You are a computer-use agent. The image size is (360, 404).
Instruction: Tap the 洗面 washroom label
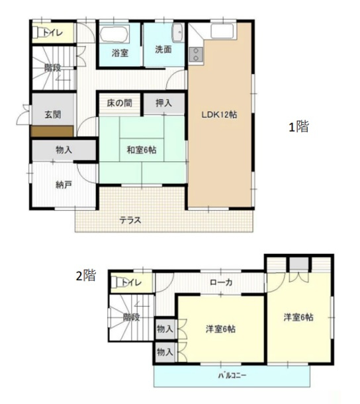163,50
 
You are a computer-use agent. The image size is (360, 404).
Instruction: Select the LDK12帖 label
220,114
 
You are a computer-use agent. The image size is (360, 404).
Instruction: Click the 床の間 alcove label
119,103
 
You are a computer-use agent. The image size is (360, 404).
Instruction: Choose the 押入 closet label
163,103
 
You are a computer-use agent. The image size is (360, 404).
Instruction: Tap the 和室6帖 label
142,149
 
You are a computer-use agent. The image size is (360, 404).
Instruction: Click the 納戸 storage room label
64,184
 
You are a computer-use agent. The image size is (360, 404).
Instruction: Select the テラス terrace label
130,220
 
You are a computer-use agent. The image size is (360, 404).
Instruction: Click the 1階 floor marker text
298,128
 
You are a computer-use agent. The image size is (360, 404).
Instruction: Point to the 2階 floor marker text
85,276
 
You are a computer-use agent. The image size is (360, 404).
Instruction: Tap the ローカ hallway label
221,282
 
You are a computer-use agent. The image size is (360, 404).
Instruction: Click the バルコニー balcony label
232,376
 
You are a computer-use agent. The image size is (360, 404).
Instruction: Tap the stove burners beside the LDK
195,55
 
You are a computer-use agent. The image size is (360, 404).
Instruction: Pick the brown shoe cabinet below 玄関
52,130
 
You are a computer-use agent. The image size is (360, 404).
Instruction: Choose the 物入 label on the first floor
64,150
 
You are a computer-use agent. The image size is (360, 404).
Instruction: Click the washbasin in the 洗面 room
178,34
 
